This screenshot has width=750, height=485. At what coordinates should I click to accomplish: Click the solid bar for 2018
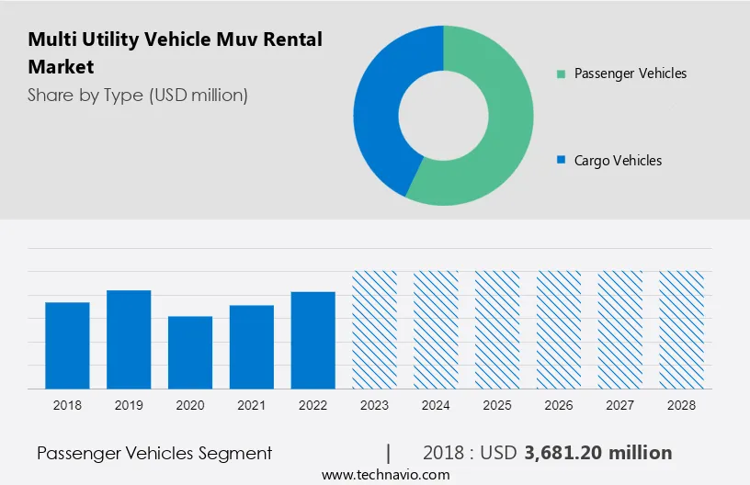(x=67, y=345)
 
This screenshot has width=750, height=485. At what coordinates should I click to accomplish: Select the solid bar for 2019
(x=129, y=339)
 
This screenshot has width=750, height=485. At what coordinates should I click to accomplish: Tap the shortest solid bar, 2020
(x=190, y=352)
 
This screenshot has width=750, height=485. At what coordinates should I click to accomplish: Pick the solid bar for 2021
(x=252, y=346)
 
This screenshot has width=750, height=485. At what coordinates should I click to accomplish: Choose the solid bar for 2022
(x=313, y=340)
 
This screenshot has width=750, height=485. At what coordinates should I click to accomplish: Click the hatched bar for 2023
(x=375, y=330)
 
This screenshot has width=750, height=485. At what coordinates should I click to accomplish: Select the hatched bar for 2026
(x=559, y=330)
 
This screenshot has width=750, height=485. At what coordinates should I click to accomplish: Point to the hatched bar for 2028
(x=681, y=330)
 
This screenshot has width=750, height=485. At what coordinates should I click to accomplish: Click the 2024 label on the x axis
(x=436, y=404)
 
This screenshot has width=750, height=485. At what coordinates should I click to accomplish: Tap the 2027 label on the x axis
(x=620, y=404)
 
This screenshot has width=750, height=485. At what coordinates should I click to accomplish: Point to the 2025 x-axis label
(x=497, y=404)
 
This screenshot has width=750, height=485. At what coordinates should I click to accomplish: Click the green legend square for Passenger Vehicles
(x=561, y=73)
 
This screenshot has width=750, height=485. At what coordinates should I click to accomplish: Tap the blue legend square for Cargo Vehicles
(x=561, y=161)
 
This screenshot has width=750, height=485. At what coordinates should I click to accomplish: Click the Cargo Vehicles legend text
(x=618, y=161)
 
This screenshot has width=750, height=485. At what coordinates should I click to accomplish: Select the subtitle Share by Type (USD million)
(x=138, y=95)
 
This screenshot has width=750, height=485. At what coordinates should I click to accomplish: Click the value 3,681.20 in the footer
(x=570, y=453)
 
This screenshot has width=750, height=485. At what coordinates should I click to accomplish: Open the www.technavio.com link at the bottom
(x=386, y=475)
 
